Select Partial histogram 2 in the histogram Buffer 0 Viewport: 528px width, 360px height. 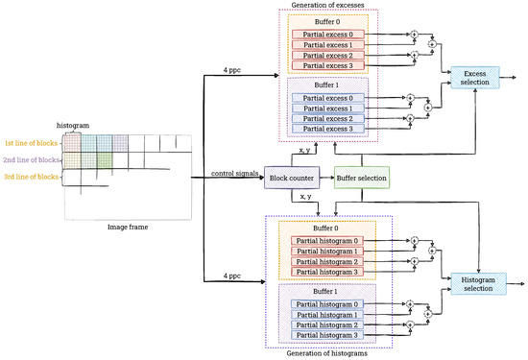(x=329, y=261)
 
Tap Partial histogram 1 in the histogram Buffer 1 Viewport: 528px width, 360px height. (x=329, y=316)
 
